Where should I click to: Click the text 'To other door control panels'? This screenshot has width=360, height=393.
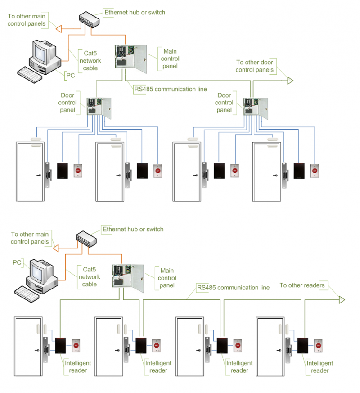(255, 66)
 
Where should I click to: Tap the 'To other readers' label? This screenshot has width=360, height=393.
(301, 285)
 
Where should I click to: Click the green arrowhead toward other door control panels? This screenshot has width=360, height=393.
(290, 81)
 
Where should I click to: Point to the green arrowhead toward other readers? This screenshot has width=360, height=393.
(342, 300)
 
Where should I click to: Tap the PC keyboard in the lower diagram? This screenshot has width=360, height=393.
(28, 293)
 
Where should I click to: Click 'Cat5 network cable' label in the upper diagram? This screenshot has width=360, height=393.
(90, 60)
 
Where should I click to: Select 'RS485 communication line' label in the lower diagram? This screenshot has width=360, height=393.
(233, 288)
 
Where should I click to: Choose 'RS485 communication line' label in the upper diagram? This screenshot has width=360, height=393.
(171, 89)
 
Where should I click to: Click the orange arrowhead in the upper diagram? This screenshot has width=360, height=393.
(58, 29)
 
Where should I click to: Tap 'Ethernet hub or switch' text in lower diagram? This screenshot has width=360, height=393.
(133, 230)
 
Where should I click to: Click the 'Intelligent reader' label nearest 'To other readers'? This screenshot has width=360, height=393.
(319, 367)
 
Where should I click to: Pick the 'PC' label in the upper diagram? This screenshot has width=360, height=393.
(70, 75)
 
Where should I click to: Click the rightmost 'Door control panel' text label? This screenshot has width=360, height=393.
(224, 103)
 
